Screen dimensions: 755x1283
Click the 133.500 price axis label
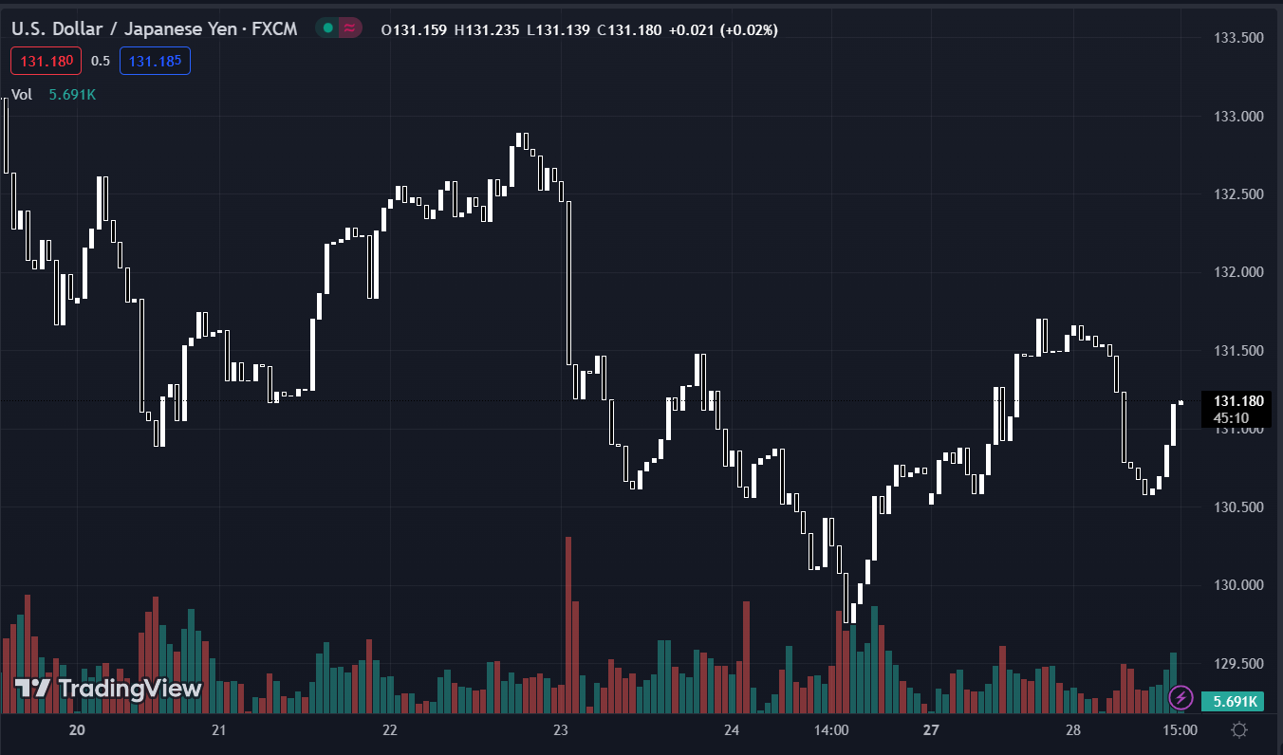tap(1239, 38)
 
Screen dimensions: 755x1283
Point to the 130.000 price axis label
tap(1239, 585)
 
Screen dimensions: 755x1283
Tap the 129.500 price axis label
tap(1239, 664)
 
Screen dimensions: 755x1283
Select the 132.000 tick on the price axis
tap(1239, 273)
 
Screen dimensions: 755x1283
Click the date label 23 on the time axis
tap(560, 730)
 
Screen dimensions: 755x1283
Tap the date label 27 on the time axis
tap(931, 730)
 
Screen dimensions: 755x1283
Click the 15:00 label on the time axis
tap(1180, 730)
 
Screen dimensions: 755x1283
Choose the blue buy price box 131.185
tap(155, 62)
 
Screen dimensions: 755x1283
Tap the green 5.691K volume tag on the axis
tap(1231, 702)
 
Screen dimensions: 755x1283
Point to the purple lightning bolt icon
tap(1181, 698)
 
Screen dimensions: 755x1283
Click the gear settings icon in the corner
tap(1238, 730)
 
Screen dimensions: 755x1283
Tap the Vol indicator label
tap(22, 95)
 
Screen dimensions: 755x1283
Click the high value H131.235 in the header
tap(487, 30)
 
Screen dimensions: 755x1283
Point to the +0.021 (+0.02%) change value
tap(723, 30)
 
